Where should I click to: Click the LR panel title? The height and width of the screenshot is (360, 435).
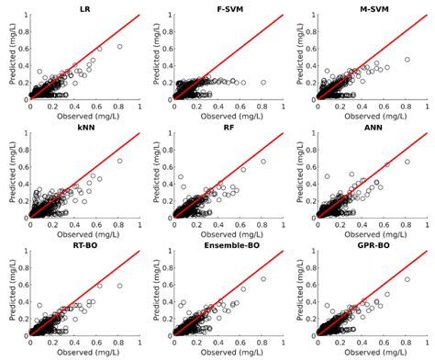pos(84,8)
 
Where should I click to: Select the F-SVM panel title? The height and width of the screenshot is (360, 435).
pos(229,8)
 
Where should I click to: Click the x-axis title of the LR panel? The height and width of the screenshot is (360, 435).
pos(84,115)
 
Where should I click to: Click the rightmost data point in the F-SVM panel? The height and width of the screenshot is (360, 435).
pos(264,82)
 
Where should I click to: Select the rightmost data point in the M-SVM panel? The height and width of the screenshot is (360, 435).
pos(407,59)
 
